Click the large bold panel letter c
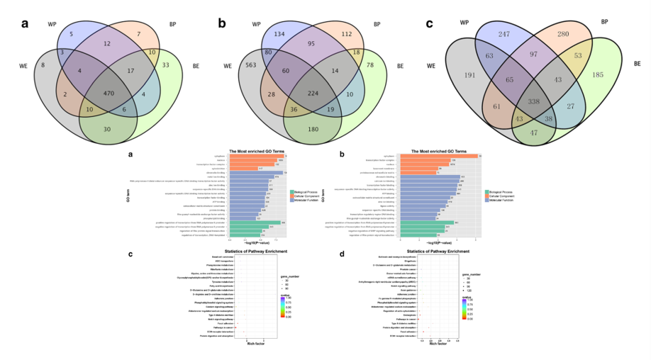click(429, 23)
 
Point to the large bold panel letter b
click(223, 23)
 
